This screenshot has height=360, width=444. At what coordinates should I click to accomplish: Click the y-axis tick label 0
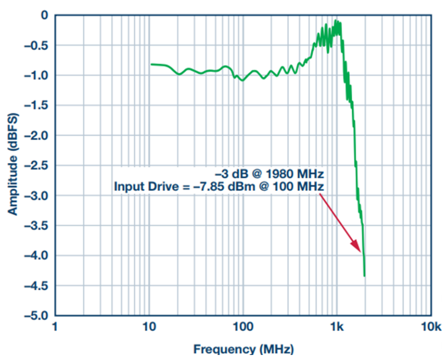pyautogui.click(x=44, y=16)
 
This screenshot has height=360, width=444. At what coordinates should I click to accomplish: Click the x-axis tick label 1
pyautogui.click(x=55, y=327)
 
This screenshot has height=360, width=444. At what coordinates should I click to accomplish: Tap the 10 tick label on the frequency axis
pyautogui.click(x=149, y=327)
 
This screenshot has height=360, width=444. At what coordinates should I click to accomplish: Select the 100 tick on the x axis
pyautogui.click(x=243, y=327)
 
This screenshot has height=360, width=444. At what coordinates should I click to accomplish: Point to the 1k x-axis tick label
pyautogui.click(x=337, y=327)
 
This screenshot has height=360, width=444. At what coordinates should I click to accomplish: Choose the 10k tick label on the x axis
pyautogui.click(x=431, y=327)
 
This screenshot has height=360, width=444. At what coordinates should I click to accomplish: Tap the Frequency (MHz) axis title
pyautogui.click(x=243, y=349)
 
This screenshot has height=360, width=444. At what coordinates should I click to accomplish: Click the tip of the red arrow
pyautogui.click(x=361, y=251)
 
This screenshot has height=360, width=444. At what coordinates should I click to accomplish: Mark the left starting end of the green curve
pyautogui.click(x=151, y=64)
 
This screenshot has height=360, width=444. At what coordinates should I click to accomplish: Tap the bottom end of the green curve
pyautogui.click(x=364, y=276)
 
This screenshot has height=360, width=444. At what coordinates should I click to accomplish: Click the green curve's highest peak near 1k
pyautogui.click(x=336, y=21)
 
